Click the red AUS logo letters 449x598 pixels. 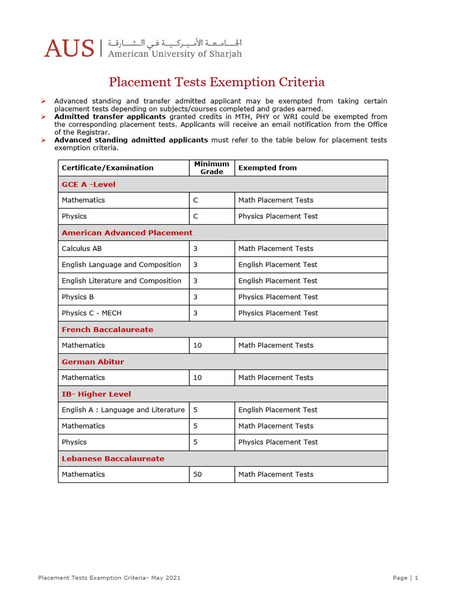click(69, 48)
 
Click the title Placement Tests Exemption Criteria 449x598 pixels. click(217, 82)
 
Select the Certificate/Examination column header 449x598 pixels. click(108, 168)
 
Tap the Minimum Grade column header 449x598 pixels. click(212, 168)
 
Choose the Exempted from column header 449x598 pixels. click(267, 168)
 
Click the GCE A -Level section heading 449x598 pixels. click(89, 185)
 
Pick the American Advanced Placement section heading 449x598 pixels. click(127, 232)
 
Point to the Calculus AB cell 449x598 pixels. click(82, 249)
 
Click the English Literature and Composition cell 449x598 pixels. click(122, 281)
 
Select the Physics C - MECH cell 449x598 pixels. click(92, 313)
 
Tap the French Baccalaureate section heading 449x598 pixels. click(108, 329)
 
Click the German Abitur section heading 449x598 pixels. click(93, 361)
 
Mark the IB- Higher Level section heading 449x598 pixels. click(96, 394)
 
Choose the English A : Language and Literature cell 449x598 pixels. click(123, 410)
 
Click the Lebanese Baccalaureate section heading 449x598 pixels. click(113, 458)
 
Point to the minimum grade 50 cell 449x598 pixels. click(198, 474)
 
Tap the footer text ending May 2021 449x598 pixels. click(109, 578)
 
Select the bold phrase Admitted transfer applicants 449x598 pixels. click(110, 117)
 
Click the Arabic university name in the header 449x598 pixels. click(174, 43)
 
